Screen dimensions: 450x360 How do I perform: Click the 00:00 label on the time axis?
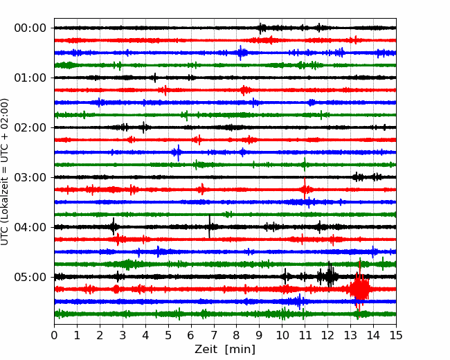(30, 28)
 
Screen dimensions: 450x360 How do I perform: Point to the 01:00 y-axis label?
(30, 78)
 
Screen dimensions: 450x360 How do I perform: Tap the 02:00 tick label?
(30, 127)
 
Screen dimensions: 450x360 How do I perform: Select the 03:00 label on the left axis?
(30, 177)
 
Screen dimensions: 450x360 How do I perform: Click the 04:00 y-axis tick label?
(30, 227)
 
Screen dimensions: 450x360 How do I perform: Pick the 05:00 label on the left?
(30, 277)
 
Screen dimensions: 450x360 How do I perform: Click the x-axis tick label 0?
(54, 335)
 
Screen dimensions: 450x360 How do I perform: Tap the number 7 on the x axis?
(214, 335)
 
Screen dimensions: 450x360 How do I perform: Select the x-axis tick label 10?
(282, 335)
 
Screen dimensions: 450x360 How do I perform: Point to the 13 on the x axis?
(350, 335)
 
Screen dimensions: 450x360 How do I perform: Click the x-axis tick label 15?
(396, 335)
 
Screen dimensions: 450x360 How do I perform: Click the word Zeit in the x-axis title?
(205, 350)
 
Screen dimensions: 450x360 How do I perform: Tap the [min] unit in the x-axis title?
(240, 350)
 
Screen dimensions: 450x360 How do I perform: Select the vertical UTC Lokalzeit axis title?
(5, 172)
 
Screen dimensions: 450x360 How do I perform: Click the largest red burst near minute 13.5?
(359, 289)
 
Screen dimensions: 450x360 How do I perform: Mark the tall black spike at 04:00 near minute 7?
(210, 226)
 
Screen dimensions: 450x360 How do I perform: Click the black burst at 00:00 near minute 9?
(262, 28)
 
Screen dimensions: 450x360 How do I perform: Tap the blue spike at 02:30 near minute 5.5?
(178, 153)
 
